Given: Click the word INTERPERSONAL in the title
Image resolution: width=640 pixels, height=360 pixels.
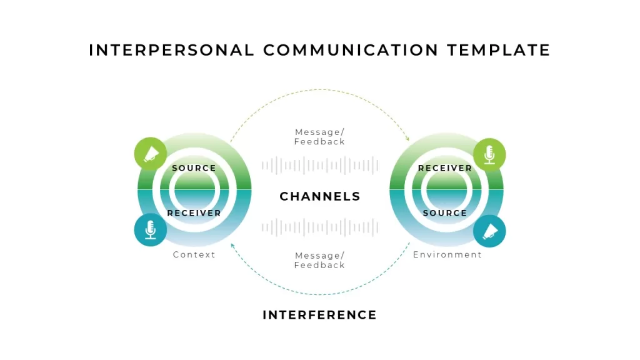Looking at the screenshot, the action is click(171, 50).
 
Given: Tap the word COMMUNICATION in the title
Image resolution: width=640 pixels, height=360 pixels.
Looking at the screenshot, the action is click(351, 50).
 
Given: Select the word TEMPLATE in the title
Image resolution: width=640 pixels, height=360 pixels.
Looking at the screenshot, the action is click(499, 50).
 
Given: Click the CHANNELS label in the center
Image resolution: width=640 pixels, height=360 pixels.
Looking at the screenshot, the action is click(320, 196).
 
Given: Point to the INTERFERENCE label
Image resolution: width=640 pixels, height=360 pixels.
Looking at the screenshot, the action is click(319, 315).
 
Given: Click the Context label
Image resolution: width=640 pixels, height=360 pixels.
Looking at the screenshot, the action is click(194, 255).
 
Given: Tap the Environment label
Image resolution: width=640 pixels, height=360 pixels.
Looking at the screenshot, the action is click(447, 255).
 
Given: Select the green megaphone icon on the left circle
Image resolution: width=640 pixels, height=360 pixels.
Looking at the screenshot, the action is click(151, 154).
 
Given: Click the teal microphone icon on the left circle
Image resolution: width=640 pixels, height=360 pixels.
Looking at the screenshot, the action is click(151, 230).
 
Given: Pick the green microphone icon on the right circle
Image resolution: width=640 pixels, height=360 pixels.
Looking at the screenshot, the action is click(489, 155).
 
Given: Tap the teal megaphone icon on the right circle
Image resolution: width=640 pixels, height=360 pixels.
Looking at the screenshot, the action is click(489, 231).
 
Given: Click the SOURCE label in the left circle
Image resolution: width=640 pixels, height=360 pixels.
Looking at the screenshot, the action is click(194, 168).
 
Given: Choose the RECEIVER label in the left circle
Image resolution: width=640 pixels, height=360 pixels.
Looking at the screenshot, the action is click(194, 213).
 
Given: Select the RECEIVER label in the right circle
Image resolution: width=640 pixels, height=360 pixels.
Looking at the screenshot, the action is click(445, 168).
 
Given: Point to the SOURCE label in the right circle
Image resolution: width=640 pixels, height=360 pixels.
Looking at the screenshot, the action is click(445, 213).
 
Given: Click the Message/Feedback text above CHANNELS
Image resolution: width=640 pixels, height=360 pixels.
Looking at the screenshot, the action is click(319, 137).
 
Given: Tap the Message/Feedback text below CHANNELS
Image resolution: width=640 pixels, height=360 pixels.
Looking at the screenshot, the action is click(319, 261).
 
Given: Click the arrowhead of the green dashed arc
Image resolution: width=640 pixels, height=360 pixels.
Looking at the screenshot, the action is click(407, 138).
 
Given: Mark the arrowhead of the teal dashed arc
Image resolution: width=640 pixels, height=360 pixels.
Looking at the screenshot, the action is click(232, 246).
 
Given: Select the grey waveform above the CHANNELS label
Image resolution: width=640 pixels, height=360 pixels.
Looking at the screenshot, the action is click(320, 165).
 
